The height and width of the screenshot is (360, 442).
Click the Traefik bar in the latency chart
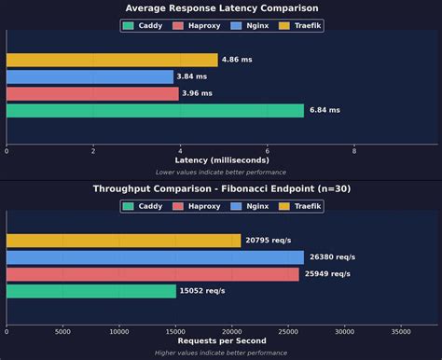(112, 60)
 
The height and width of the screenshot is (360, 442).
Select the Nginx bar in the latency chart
(90, 76)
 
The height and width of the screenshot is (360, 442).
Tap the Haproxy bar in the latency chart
(92, 93)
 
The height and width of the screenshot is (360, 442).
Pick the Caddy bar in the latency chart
(155, 110)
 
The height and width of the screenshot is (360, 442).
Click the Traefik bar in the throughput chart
(123, 241)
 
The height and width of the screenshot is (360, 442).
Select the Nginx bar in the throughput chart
(155, 257)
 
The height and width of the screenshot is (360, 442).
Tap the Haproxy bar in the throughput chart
(153, 274)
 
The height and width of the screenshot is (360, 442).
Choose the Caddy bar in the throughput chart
(90, 291)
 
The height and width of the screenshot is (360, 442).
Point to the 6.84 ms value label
(325, 111)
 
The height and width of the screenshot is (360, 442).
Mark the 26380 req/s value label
(332, 257)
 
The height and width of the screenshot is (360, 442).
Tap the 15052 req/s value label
(203, 291)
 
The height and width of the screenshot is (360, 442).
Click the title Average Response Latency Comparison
(221, 8)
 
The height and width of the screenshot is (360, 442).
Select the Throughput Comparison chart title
(221, 188)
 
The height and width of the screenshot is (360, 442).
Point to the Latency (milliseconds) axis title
(221, 160)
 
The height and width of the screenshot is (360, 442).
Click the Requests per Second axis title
(221, 341)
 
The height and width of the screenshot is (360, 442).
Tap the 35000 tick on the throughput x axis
(401, 330)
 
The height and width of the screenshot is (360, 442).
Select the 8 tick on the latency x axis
(354, 149)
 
